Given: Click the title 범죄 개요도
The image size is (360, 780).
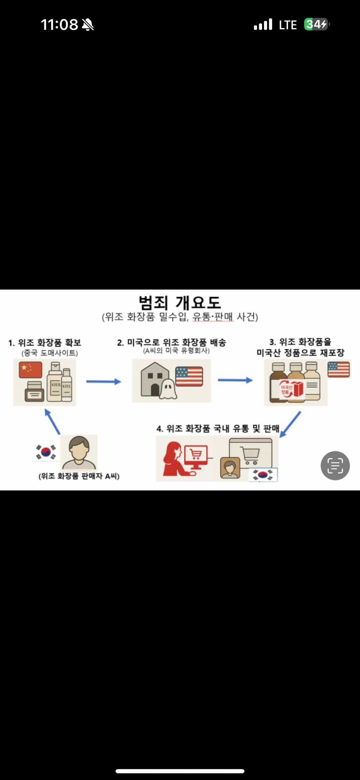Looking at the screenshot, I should tap(180, 302).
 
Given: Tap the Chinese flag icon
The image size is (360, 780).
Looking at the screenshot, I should tap(31, 370).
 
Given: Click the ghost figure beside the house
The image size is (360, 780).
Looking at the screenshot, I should tap(167, 389).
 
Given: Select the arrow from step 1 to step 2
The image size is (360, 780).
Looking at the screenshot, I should tap(103, 381).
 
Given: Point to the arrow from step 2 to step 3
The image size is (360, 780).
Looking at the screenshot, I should tap(235, 380).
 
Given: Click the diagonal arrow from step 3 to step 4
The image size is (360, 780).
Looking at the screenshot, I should tap(290, 425).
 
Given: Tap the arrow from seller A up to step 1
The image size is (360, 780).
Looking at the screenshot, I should tap(52, 422).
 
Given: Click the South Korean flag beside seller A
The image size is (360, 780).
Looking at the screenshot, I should tap(46, 452).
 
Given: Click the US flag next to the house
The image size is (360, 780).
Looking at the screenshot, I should tap(189, 376).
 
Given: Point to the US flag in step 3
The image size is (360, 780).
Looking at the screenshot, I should tap(338, 369).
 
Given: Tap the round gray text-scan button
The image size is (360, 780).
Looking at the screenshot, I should tap(335, 466).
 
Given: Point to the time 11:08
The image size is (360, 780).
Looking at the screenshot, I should tap(59, 25).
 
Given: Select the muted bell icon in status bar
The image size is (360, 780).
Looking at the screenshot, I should tap(87, 25).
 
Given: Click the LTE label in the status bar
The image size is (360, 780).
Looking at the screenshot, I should tap(288, 25).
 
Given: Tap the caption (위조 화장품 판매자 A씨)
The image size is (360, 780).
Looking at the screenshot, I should tap(79, 476).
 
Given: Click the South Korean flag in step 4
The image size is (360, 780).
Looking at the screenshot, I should tap(263, 475).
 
